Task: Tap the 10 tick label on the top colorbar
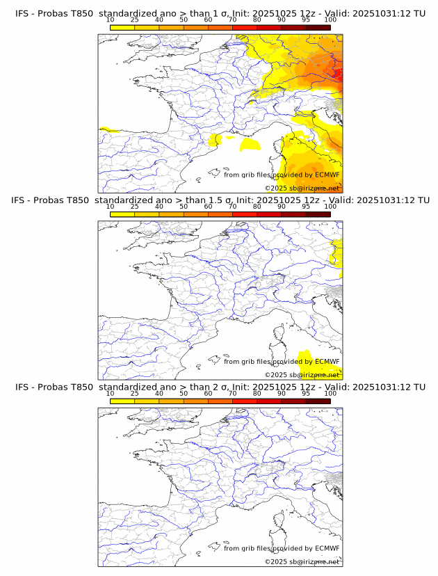(x=111, y=20)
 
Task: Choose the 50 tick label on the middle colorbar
(x=184, y=207)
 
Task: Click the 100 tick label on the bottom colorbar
(x=330, y=394)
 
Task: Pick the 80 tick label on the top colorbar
(x=257, y=20)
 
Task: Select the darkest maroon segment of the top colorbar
(x=318, y=27)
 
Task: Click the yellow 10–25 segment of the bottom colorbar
(x=122, y=401)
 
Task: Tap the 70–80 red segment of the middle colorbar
(x=245, y=214)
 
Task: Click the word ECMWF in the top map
(x=327, y=175)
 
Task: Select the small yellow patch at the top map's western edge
(x=108, y=129)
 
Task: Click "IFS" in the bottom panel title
(x=22, y=387)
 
